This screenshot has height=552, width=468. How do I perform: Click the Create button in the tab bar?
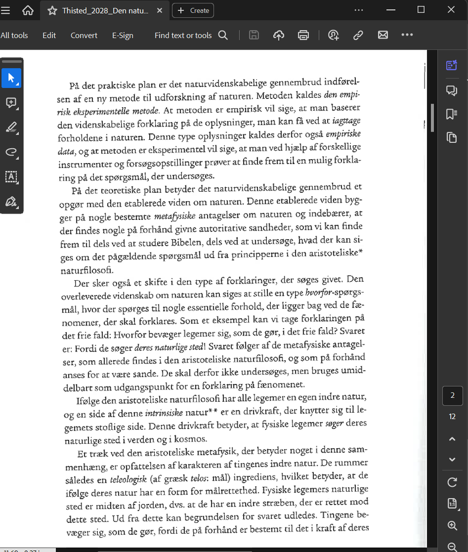click(193, 10)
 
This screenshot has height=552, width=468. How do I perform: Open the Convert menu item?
click(84, 35)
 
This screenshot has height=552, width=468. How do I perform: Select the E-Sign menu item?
click(123, 35)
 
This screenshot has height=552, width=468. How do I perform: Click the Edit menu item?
click(49, 35)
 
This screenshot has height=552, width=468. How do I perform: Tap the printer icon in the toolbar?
click(303, 35)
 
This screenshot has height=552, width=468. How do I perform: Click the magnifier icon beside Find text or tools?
click(223, 35)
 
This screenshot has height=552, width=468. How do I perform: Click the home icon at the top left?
click(28, 10)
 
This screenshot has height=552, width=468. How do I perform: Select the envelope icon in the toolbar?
click(383, 35)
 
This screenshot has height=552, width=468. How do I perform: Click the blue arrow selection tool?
click(11, 78)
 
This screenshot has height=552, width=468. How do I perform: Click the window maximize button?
click(420, 10)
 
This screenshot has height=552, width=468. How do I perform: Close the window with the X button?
click(453, 10)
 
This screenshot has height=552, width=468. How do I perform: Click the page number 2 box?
click(453, 396)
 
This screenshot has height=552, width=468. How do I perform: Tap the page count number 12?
click(453, 417)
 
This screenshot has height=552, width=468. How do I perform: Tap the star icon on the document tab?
click(52, 10)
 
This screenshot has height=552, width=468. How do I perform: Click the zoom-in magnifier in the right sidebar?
click(453, 525)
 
